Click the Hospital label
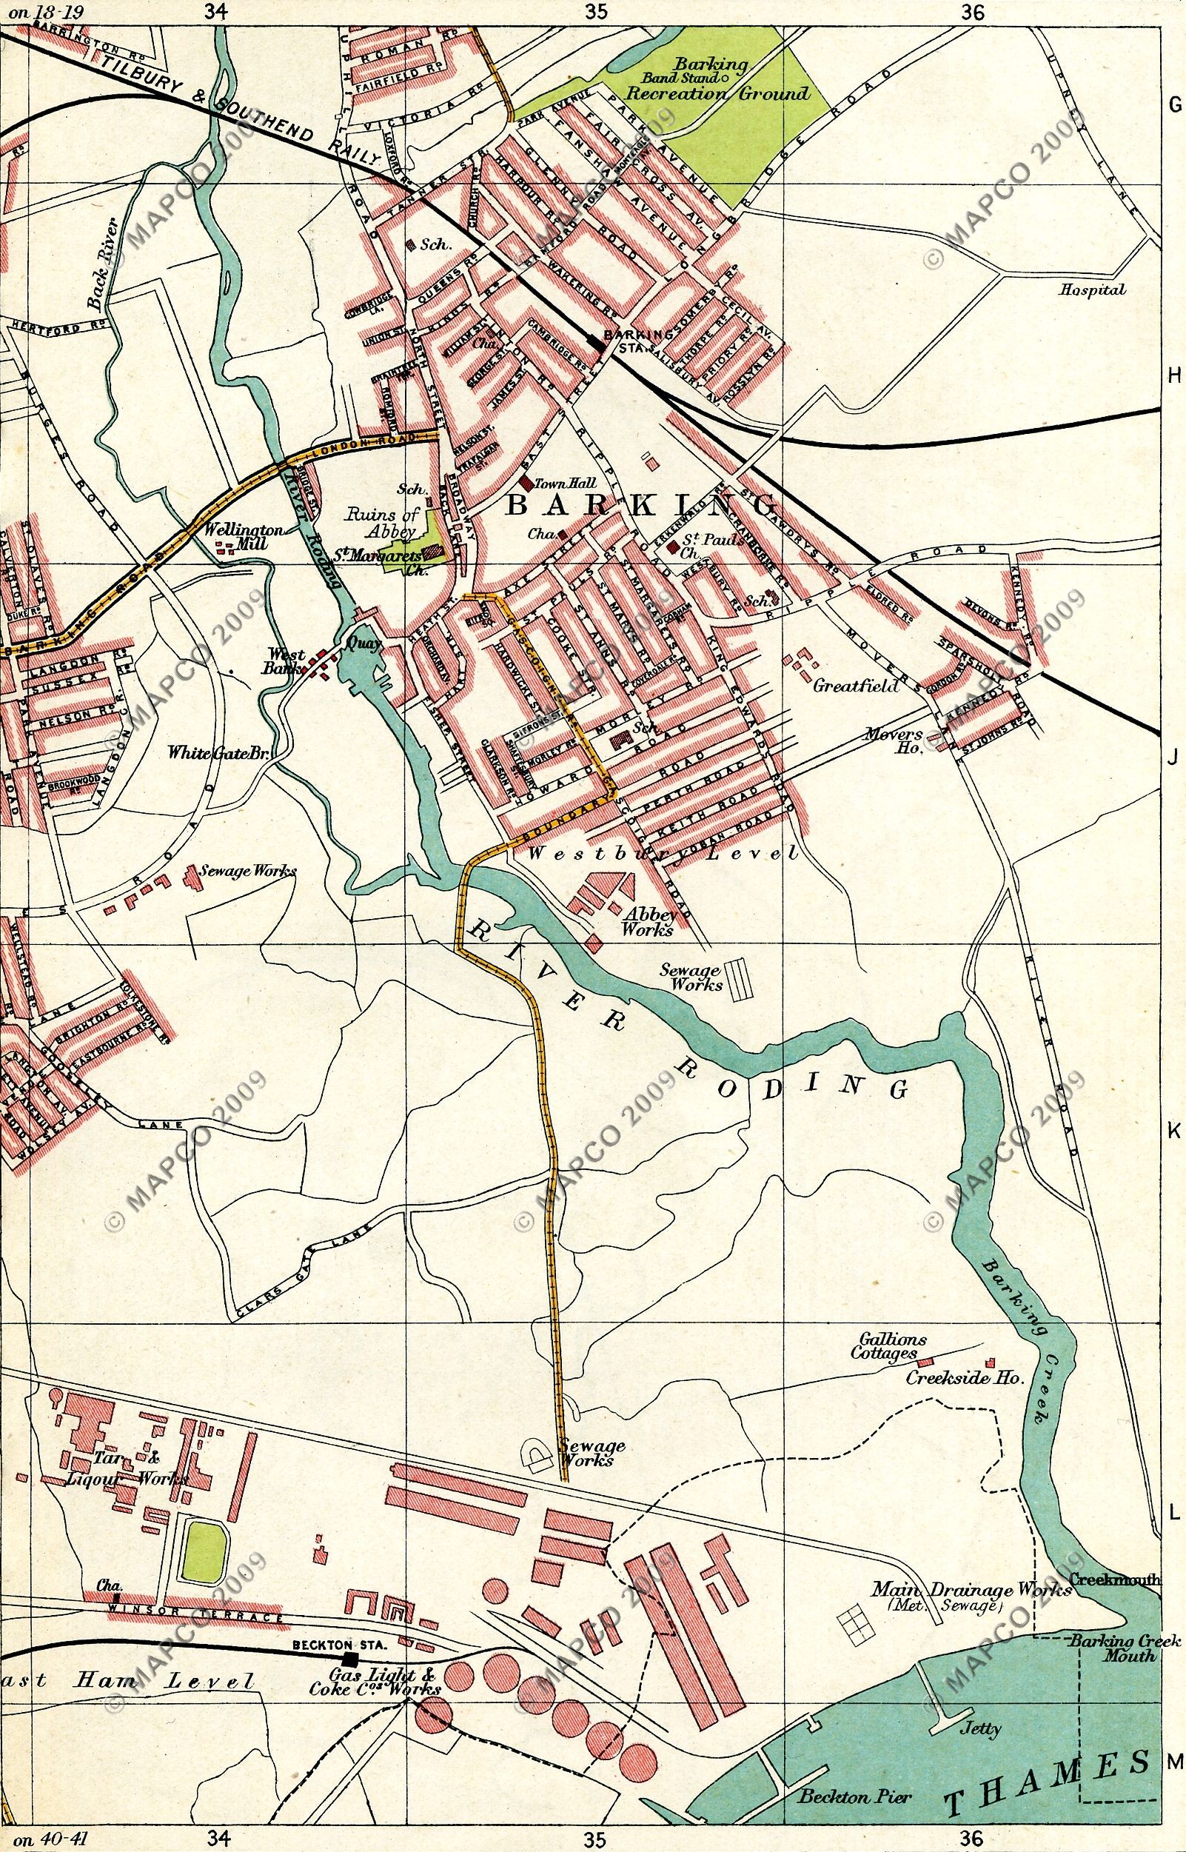[1092, 290]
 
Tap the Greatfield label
[856, 686]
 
